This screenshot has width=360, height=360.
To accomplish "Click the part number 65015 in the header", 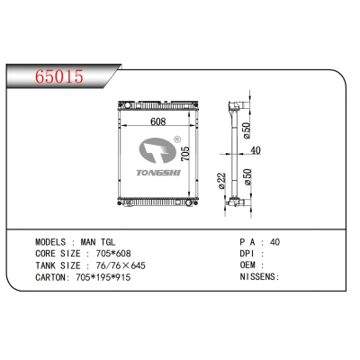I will pyautogui.click(x=58, y=76).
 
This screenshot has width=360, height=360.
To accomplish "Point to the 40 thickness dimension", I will pyautogui.click(x=255, y=150).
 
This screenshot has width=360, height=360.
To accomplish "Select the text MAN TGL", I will pyautogui.click(x=99, y=243).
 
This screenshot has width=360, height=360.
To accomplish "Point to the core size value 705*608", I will pyautogui.click(x=119, y=255).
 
